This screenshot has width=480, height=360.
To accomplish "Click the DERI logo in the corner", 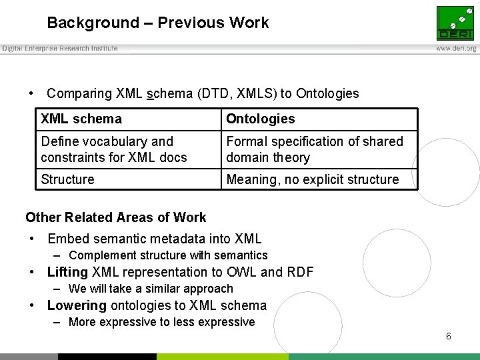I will pyautogui.click(x=455, y=23).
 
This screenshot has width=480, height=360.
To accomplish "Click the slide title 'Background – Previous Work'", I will pyautogui.click(x=158, y=23).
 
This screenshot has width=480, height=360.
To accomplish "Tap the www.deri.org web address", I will pyautogui.click(x=456, y=49).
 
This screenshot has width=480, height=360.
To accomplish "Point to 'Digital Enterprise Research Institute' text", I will pyautogui.click(x=60, y=49).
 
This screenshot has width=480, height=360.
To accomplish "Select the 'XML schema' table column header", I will pyautogui.click(x=81, y=119).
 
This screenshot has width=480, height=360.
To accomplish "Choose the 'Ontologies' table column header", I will pyautogui.click(x=260, y=119).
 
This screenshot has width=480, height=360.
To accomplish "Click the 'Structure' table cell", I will pyautogui.click(x=67, y=179).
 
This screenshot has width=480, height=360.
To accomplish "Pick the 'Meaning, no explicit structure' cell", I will pyautogui.click(x=312, y=179).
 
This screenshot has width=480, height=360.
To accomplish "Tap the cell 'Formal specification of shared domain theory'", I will pyautogui.click(x=315, y=149).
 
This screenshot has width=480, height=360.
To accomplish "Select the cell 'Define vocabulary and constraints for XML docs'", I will pyautogui.click(x=113, y=149).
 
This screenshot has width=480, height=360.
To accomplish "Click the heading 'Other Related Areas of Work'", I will pyautogui.click(x=116, y=217).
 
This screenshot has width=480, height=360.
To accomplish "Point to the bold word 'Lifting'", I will pyautogui.click(x=67, y=272).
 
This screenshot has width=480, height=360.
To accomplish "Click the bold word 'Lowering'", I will pyautogui.click(x=77, y=306).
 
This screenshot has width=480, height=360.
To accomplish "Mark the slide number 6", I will pyautogui.click(x=449, y=337).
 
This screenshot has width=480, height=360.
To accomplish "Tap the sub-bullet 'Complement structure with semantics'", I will pyautogui.click(x=168, y=255).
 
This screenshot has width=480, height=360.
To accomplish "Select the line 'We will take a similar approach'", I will pyautogui.click(x=151, y=289).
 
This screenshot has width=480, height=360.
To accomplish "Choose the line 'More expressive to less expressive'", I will pyautogui.click(x=161, y=323).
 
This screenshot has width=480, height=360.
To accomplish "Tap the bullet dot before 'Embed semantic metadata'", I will pyautogui.click(x=32, y=239).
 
